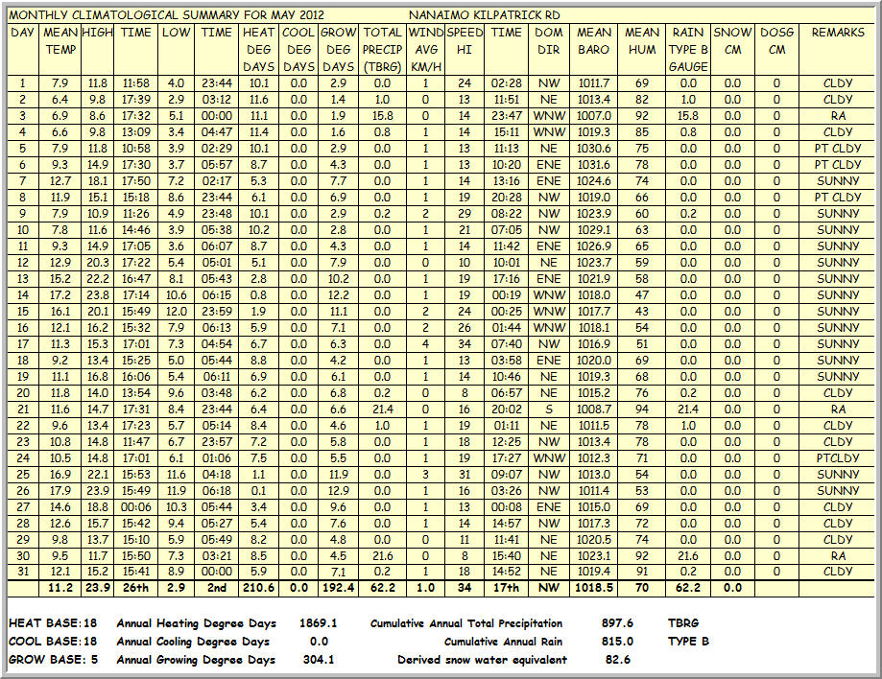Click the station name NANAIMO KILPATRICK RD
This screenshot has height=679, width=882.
click(485, 15)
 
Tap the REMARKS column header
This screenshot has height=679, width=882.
click(838, 33)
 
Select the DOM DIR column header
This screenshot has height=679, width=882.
click(549, 41)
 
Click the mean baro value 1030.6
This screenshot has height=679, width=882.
click(594, 149)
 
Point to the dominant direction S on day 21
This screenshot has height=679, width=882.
click(549, 410)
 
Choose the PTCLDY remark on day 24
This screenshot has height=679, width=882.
click(838, 458)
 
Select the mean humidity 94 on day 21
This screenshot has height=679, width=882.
click(642, 410)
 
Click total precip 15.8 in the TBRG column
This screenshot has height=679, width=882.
click(382, 116)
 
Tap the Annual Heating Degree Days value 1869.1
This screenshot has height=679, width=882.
click(318, 623)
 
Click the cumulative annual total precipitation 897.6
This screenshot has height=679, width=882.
click(614, 623)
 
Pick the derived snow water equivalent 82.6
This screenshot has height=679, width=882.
click(614, 660)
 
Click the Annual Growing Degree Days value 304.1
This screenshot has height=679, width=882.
click(318, 660)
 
